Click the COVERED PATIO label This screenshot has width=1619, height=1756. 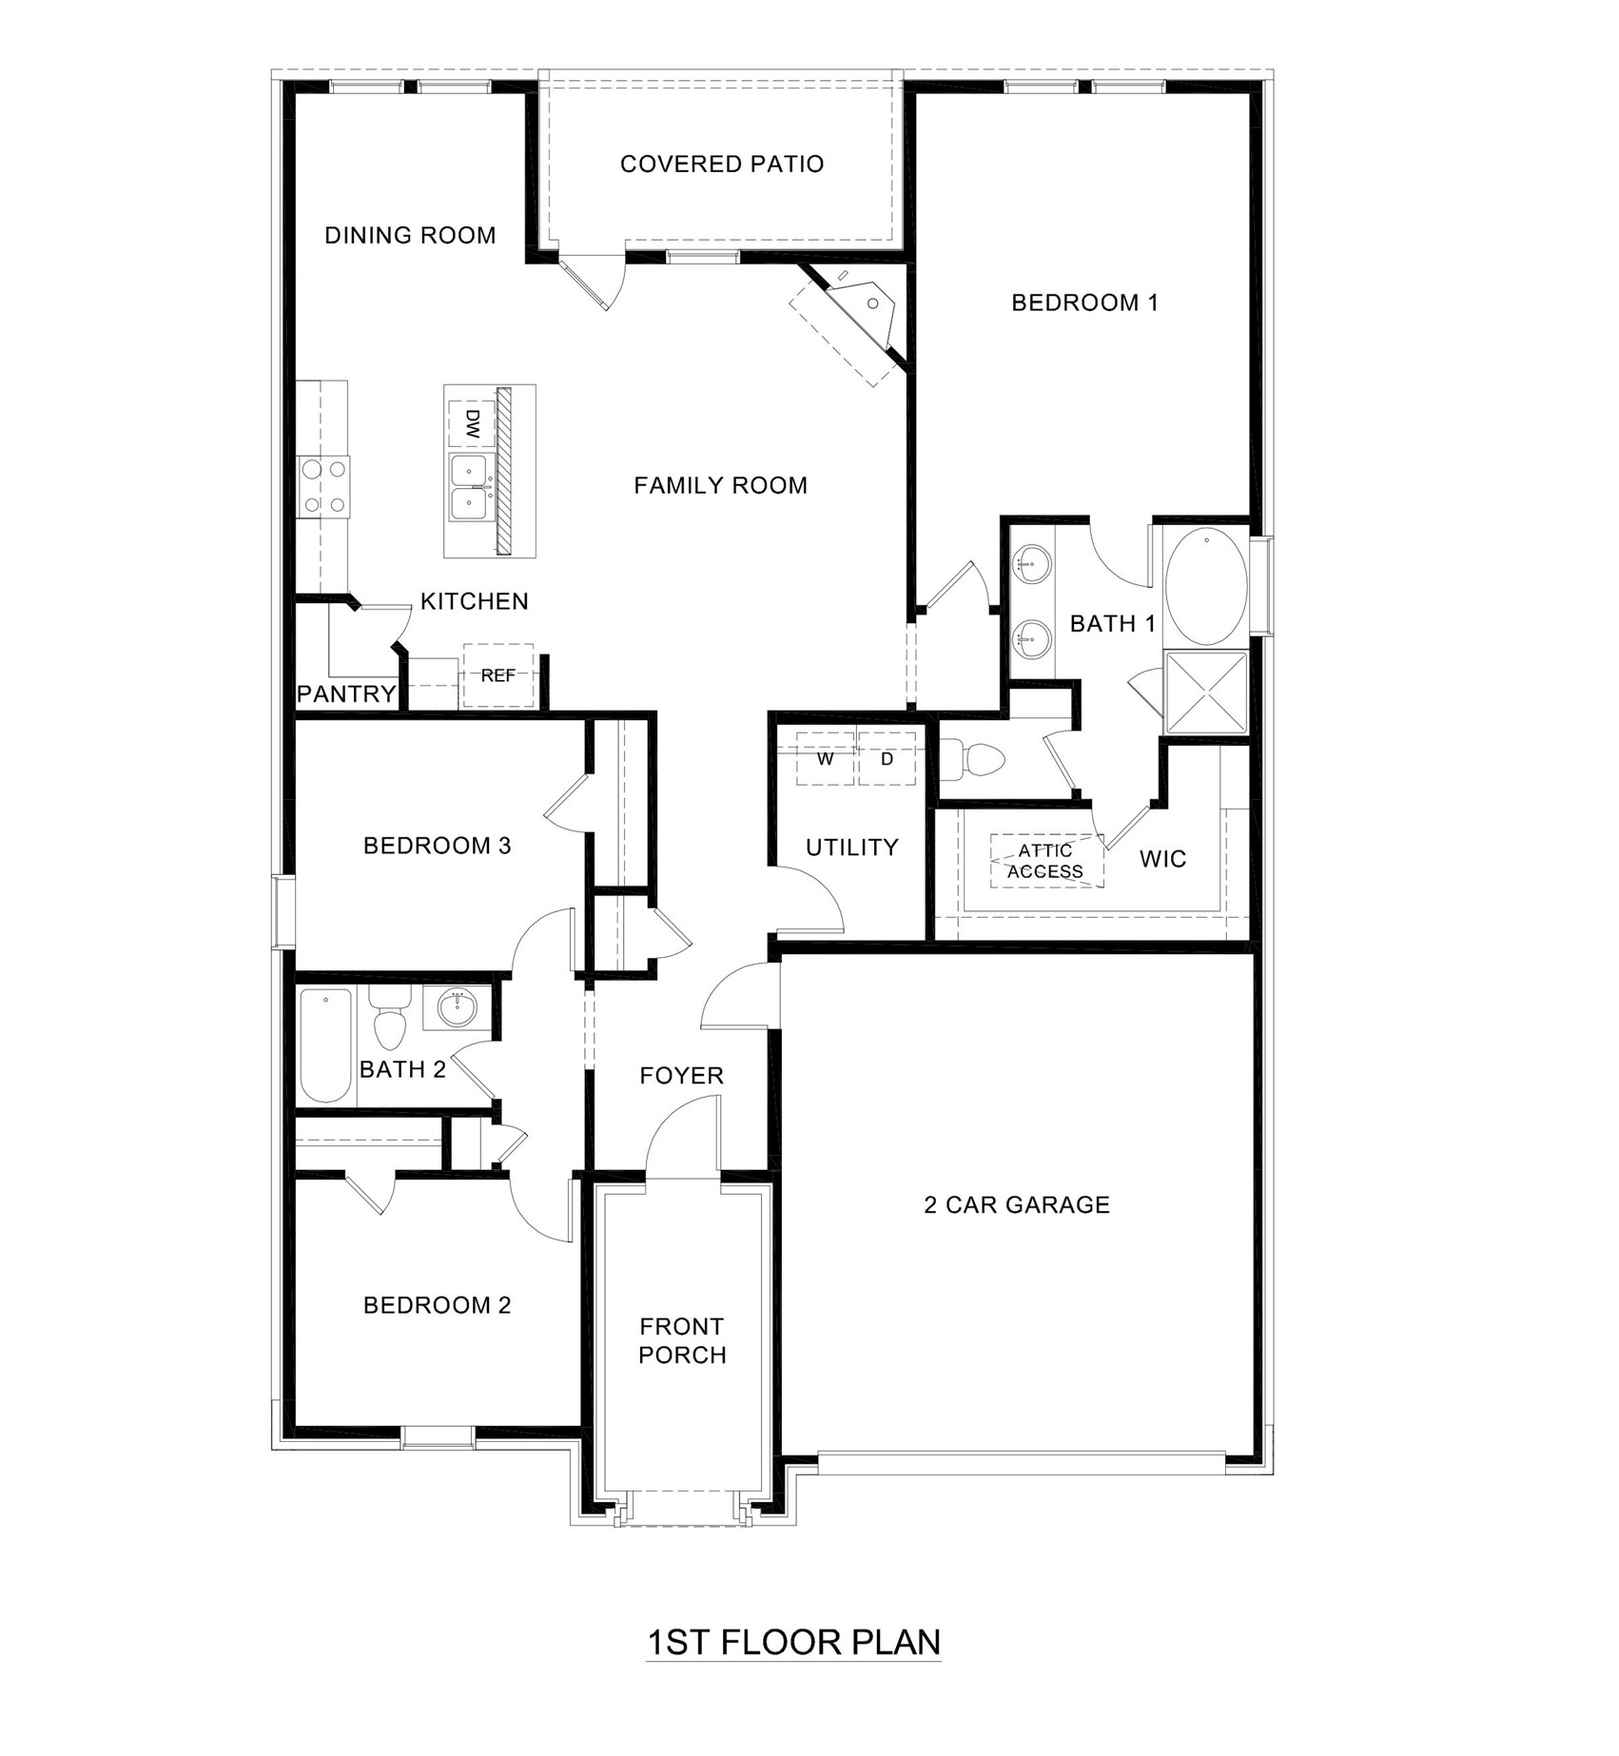pyautogui.click(x=721, y=165)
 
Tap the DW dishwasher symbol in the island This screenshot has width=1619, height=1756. pyautogui.click(x=472, y=422)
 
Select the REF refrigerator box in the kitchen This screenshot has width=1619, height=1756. pyautogui.click(x=498, y=675)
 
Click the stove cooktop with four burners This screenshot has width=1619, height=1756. pyautogui.click(x=322, y=486)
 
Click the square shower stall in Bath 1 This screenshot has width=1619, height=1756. pyautogui.click(x=1205, y=693)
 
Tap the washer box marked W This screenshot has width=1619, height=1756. pyautogui.click(x=825, y=759)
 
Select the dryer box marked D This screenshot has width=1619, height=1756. pyautogui.click(x=887, y=759)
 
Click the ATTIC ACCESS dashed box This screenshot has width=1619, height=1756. pyautogui.click(x=1046, y=860)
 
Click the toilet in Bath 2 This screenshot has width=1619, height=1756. pyautogui.click(x=389, y=1020)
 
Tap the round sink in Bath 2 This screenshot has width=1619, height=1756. pyautogui.click(x=459, y=1008)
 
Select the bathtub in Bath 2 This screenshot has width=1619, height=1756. pyautogui.click(x=325, y=1046)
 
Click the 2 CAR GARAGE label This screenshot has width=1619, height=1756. pyautogui.click(x=1017, y=1205)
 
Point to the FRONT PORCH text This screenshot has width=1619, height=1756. pyautogui.click(x=682, y=1340)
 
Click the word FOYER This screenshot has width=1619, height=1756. pyautogui.click(x=681, y=1076)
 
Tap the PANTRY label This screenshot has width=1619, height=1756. pyautogui.click(x=345, y=693)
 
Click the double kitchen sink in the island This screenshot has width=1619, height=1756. pyautogui.click(x=469, y=488)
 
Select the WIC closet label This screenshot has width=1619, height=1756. pyautogui.click(x=1162, y=859)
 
